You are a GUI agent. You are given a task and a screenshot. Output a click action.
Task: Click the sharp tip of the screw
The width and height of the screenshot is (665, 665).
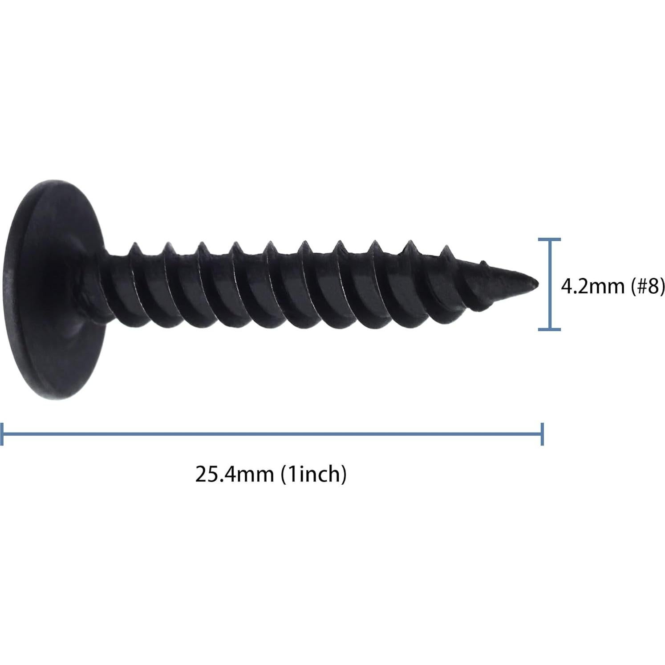(537, 283)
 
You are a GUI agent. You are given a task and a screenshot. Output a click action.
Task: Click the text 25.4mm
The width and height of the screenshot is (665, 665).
(234, 474)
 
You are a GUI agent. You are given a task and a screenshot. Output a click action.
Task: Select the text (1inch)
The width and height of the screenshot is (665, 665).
(313, 474)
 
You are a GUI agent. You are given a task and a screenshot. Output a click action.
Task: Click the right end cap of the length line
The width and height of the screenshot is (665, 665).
(542, 434)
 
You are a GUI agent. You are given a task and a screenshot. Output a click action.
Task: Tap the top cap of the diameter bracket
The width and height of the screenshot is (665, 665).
(549, 239)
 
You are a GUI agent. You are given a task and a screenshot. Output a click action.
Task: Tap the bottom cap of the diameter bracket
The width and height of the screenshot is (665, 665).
(549, 330)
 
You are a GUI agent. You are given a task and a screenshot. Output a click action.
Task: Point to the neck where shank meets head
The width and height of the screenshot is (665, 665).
(107, 285)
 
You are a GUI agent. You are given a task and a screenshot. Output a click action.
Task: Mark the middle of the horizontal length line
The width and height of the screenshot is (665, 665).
(272, 434)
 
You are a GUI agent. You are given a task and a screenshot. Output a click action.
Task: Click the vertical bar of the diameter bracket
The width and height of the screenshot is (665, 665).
(549, 285)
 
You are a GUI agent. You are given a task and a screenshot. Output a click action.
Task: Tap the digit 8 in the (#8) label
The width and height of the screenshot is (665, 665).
(652, 286)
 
